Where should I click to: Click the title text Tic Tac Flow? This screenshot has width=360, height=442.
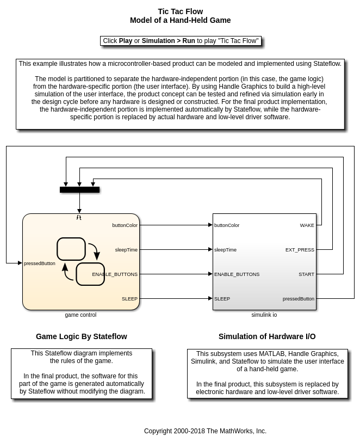[180, 11]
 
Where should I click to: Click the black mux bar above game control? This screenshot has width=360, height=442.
[79, 190]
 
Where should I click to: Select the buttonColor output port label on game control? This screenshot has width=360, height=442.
[125, 225]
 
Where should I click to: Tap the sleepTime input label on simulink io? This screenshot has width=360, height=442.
[225, 250]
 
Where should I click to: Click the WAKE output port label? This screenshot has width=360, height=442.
[307, 225]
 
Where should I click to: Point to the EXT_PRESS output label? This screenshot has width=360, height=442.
[300, 250]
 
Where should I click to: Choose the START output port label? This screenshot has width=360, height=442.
[306, 274]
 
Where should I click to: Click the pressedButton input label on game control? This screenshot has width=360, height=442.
[40, 263]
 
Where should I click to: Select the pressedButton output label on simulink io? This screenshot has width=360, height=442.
[298, 299]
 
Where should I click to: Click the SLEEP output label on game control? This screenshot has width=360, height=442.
[129, 299]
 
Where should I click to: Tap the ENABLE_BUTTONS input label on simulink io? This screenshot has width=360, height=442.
[237, 274]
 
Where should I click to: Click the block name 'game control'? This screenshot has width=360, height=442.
[80, 315]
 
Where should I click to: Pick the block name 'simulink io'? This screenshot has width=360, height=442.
[264, 315]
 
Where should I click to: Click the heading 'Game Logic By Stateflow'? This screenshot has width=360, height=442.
[82, 336]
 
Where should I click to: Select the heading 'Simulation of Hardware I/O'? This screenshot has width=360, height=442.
[267, 336]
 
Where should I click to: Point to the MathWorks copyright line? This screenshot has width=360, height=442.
[205, 431]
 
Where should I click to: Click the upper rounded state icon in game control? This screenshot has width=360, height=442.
[71, 249]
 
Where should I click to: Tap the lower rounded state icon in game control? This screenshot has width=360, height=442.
[90, 274]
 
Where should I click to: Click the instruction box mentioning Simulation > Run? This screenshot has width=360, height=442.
[181, 41]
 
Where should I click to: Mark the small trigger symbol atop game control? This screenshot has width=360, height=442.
[79, 218]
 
